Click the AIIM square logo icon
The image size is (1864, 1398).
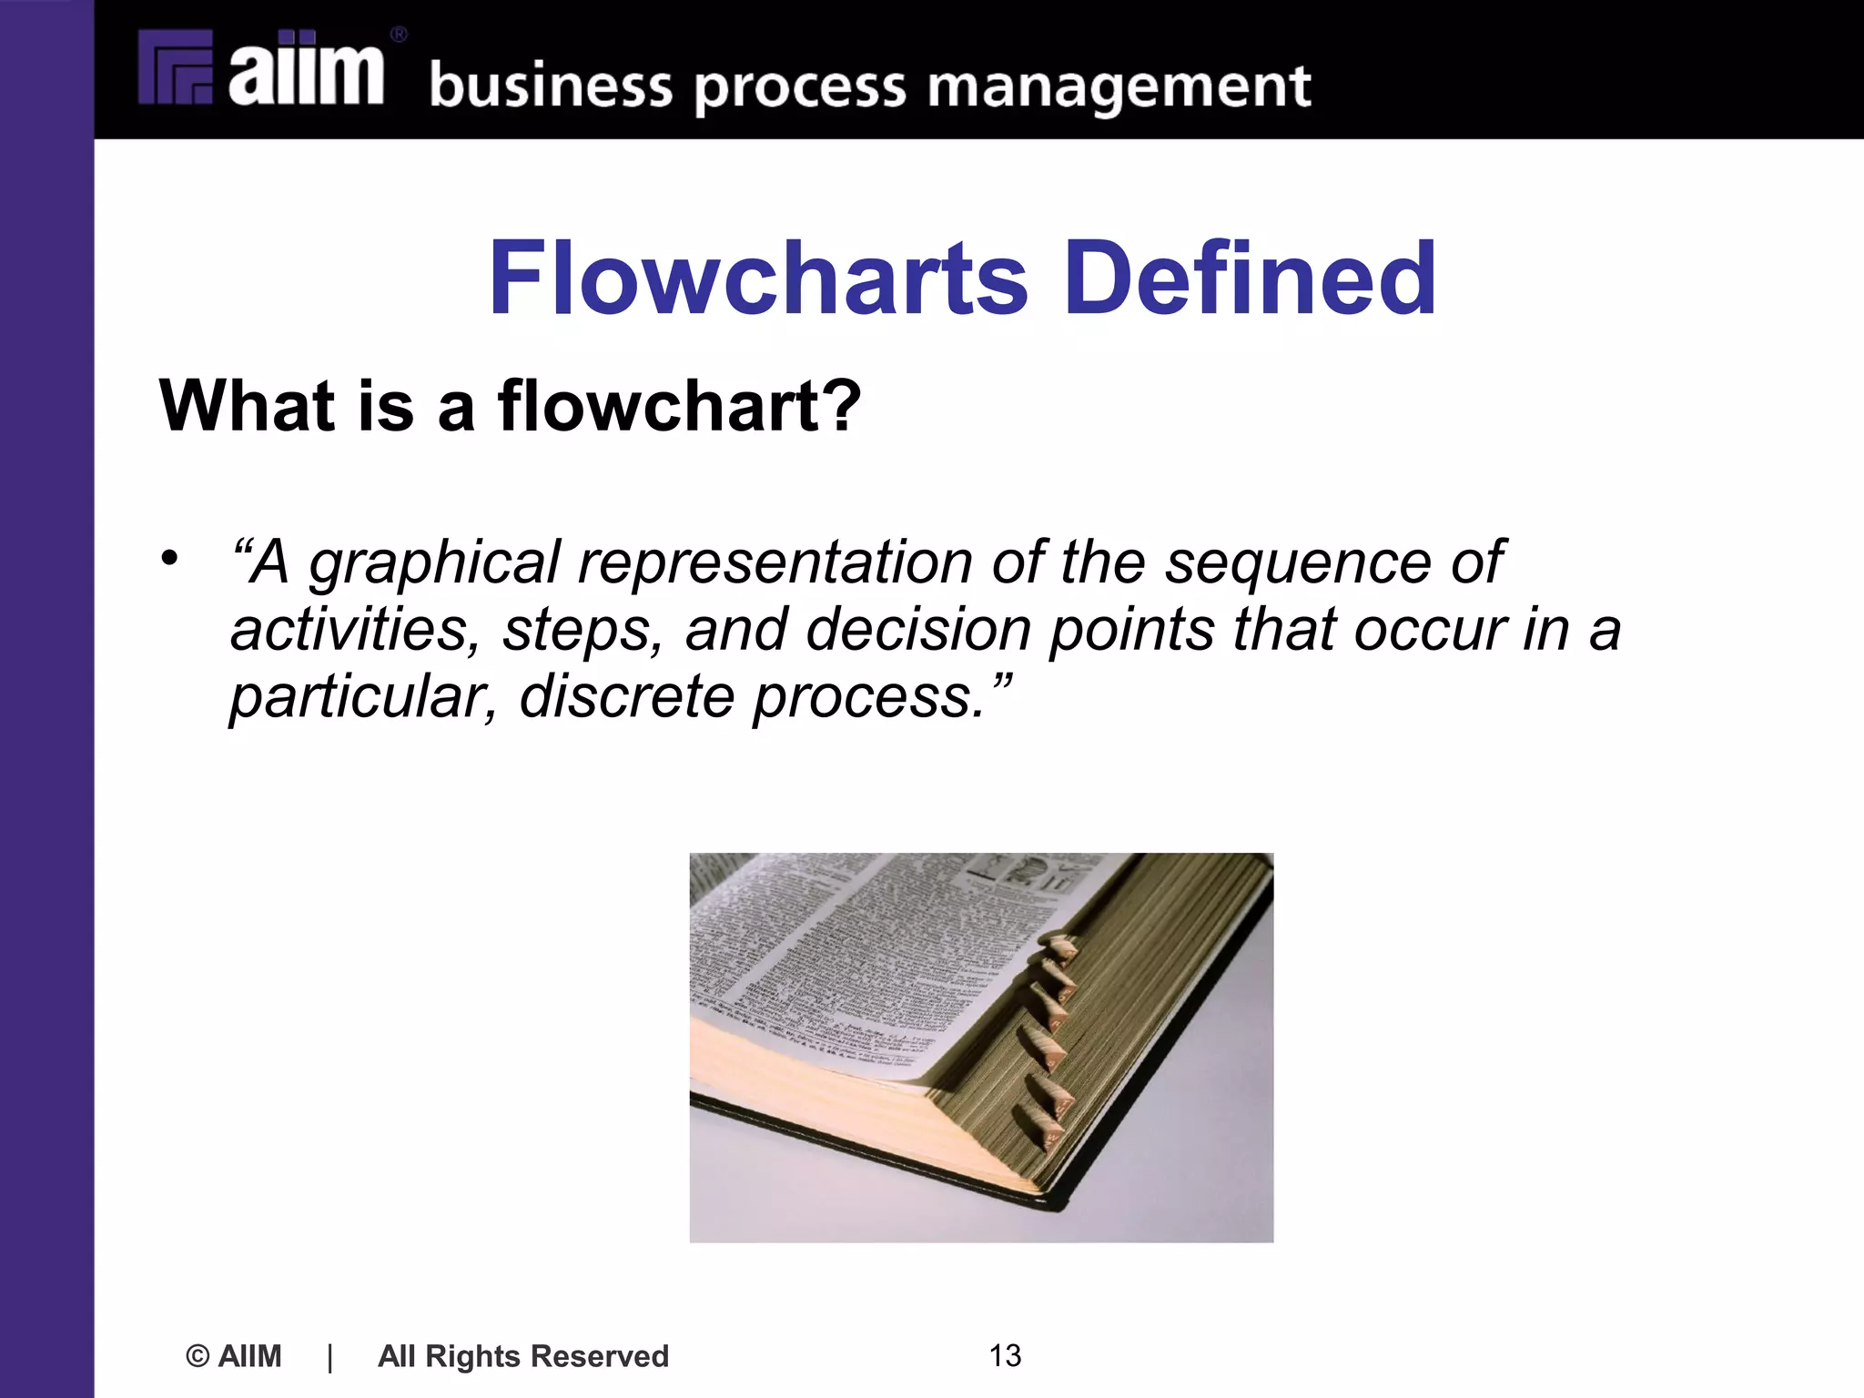tap(175, 68)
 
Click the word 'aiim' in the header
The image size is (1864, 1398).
tap(305, 68)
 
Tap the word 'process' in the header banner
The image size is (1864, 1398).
tap(800, 89)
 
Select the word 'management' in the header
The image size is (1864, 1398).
tap(1119, 87)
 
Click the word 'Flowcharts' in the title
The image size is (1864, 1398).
tap(757, 278)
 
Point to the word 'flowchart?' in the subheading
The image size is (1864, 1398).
tap(679, 405)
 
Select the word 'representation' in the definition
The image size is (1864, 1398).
tap(775, 562)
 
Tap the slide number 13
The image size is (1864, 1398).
tap(1005, 1356)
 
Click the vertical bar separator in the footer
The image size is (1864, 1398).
tap(329, 1357)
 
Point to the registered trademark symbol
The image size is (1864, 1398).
tap(399, 35)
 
